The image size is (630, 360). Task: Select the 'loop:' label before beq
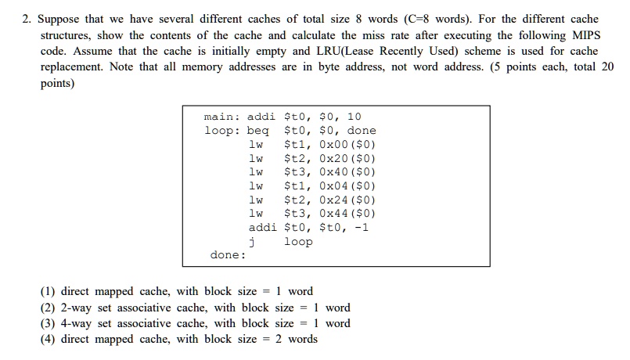point(222,131)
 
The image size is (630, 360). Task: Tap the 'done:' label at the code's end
point(228,255)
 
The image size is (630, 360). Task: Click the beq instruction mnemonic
point(257,131)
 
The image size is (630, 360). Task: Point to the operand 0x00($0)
point(345,145)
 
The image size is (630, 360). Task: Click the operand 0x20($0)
point(345,158)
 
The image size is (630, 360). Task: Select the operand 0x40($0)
point(345,172)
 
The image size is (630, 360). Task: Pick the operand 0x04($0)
point(345,186)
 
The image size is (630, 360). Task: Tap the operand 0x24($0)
point(345,200)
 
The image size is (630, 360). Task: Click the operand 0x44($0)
point(345,214)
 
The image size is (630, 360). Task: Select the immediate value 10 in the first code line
point(354,117)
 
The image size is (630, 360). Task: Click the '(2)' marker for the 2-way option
point(49,308)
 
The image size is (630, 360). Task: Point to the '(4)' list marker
point(49,339)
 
